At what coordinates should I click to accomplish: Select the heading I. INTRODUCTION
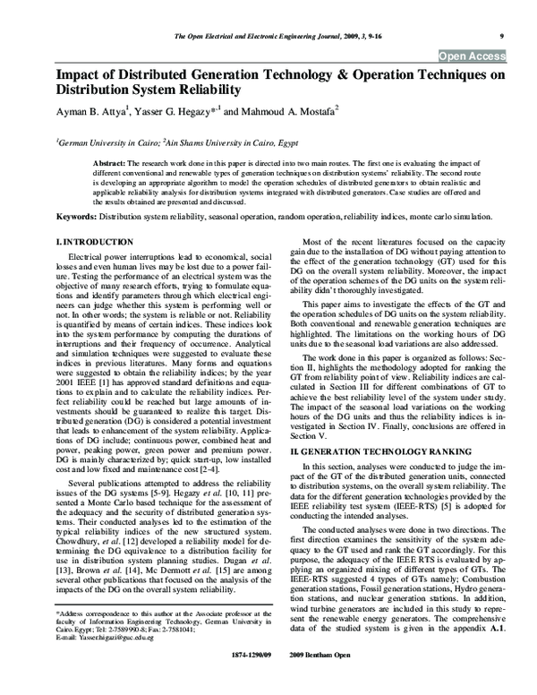click(x=96, y=244)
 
